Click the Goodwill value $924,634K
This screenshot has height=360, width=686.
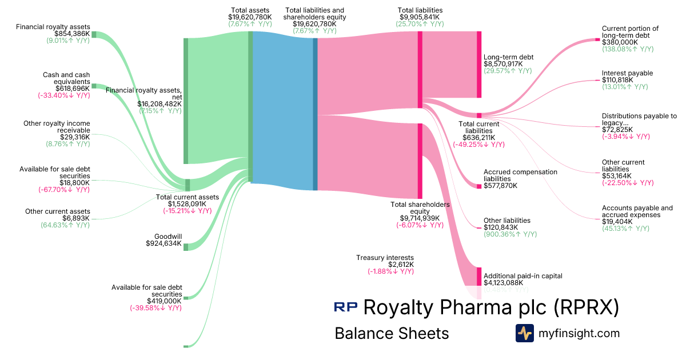point(164,244)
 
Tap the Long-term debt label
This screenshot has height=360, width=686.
point(508,57)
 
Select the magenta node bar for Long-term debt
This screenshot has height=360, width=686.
point(479,65)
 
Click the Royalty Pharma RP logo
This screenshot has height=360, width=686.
point(346,307)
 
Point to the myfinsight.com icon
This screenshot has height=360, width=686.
point(524,333)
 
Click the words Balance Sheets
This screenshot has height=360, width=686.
point(392,333)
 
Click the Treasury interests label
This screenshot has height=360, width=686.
point(385,258)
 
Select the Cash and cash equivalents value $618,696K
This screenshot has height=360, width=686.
point(73,89)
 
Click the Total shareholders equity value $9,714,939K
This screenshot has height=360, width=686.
point(420,218)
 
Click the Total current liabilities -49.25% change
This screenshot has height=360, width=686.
point(478,145)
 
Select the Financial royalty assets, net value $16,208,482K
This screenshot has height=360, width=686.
point(159,104)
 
